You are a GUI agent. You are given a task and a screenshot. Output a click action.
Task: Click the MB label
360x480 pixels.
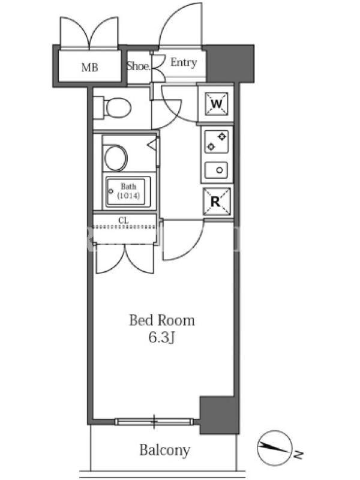click(x=89, y=67)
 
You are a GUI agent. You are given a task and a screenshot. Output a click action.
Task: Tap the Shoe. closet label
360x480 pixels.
click(x=139, y=66)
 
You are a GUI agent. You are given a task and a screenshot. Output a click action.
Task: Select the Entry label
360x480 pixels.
click(x=184, y=62)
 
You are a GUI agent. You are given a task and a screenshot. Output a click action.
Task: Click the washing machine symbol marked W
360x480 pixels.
click(x=217, y=104)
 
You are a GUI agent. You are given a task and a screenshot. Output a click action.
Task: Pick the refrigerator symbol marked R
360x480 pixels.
click(x=217, y=201)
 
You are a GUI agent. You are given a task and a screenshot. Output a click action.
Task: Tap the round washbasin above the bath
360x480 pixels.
click(x=115, y=158)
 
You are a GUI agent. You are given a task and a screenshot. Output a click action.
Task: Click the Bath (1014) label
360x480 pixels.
click(x=128, y=191)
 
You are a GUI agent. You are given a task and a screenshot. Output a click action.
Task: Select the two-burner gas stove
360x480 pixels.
click(x=216, y=142)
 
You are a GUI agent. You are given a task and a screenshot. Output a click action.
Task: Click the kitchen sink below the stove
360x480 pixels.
click(x=216, y=170)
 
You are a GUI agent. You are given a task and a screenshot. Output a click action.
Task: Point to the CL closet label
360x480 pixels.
click(x=124, y=220)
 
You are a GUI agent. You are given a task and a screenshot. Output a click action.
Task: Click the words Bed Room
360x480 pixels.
click(x=162, y=320)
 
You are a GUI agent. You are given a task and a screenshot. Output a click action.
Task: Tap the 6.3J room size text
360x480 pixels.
click(x=161, y=338)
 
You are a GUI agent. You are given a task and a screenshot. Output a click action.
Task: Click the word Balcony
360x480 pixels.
click(x=164, y=451)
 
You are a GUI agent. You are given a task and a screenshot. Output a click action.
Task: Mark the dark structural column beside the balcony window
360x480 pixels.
click(x=219, y=415)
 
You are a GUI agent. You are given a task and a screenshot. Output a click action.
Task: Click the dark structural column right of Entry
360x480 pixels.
click(x=230, y=64)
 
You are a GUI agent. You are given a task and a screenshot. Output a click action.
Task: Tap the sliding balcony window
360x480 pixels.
click(x=154, y=422)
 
